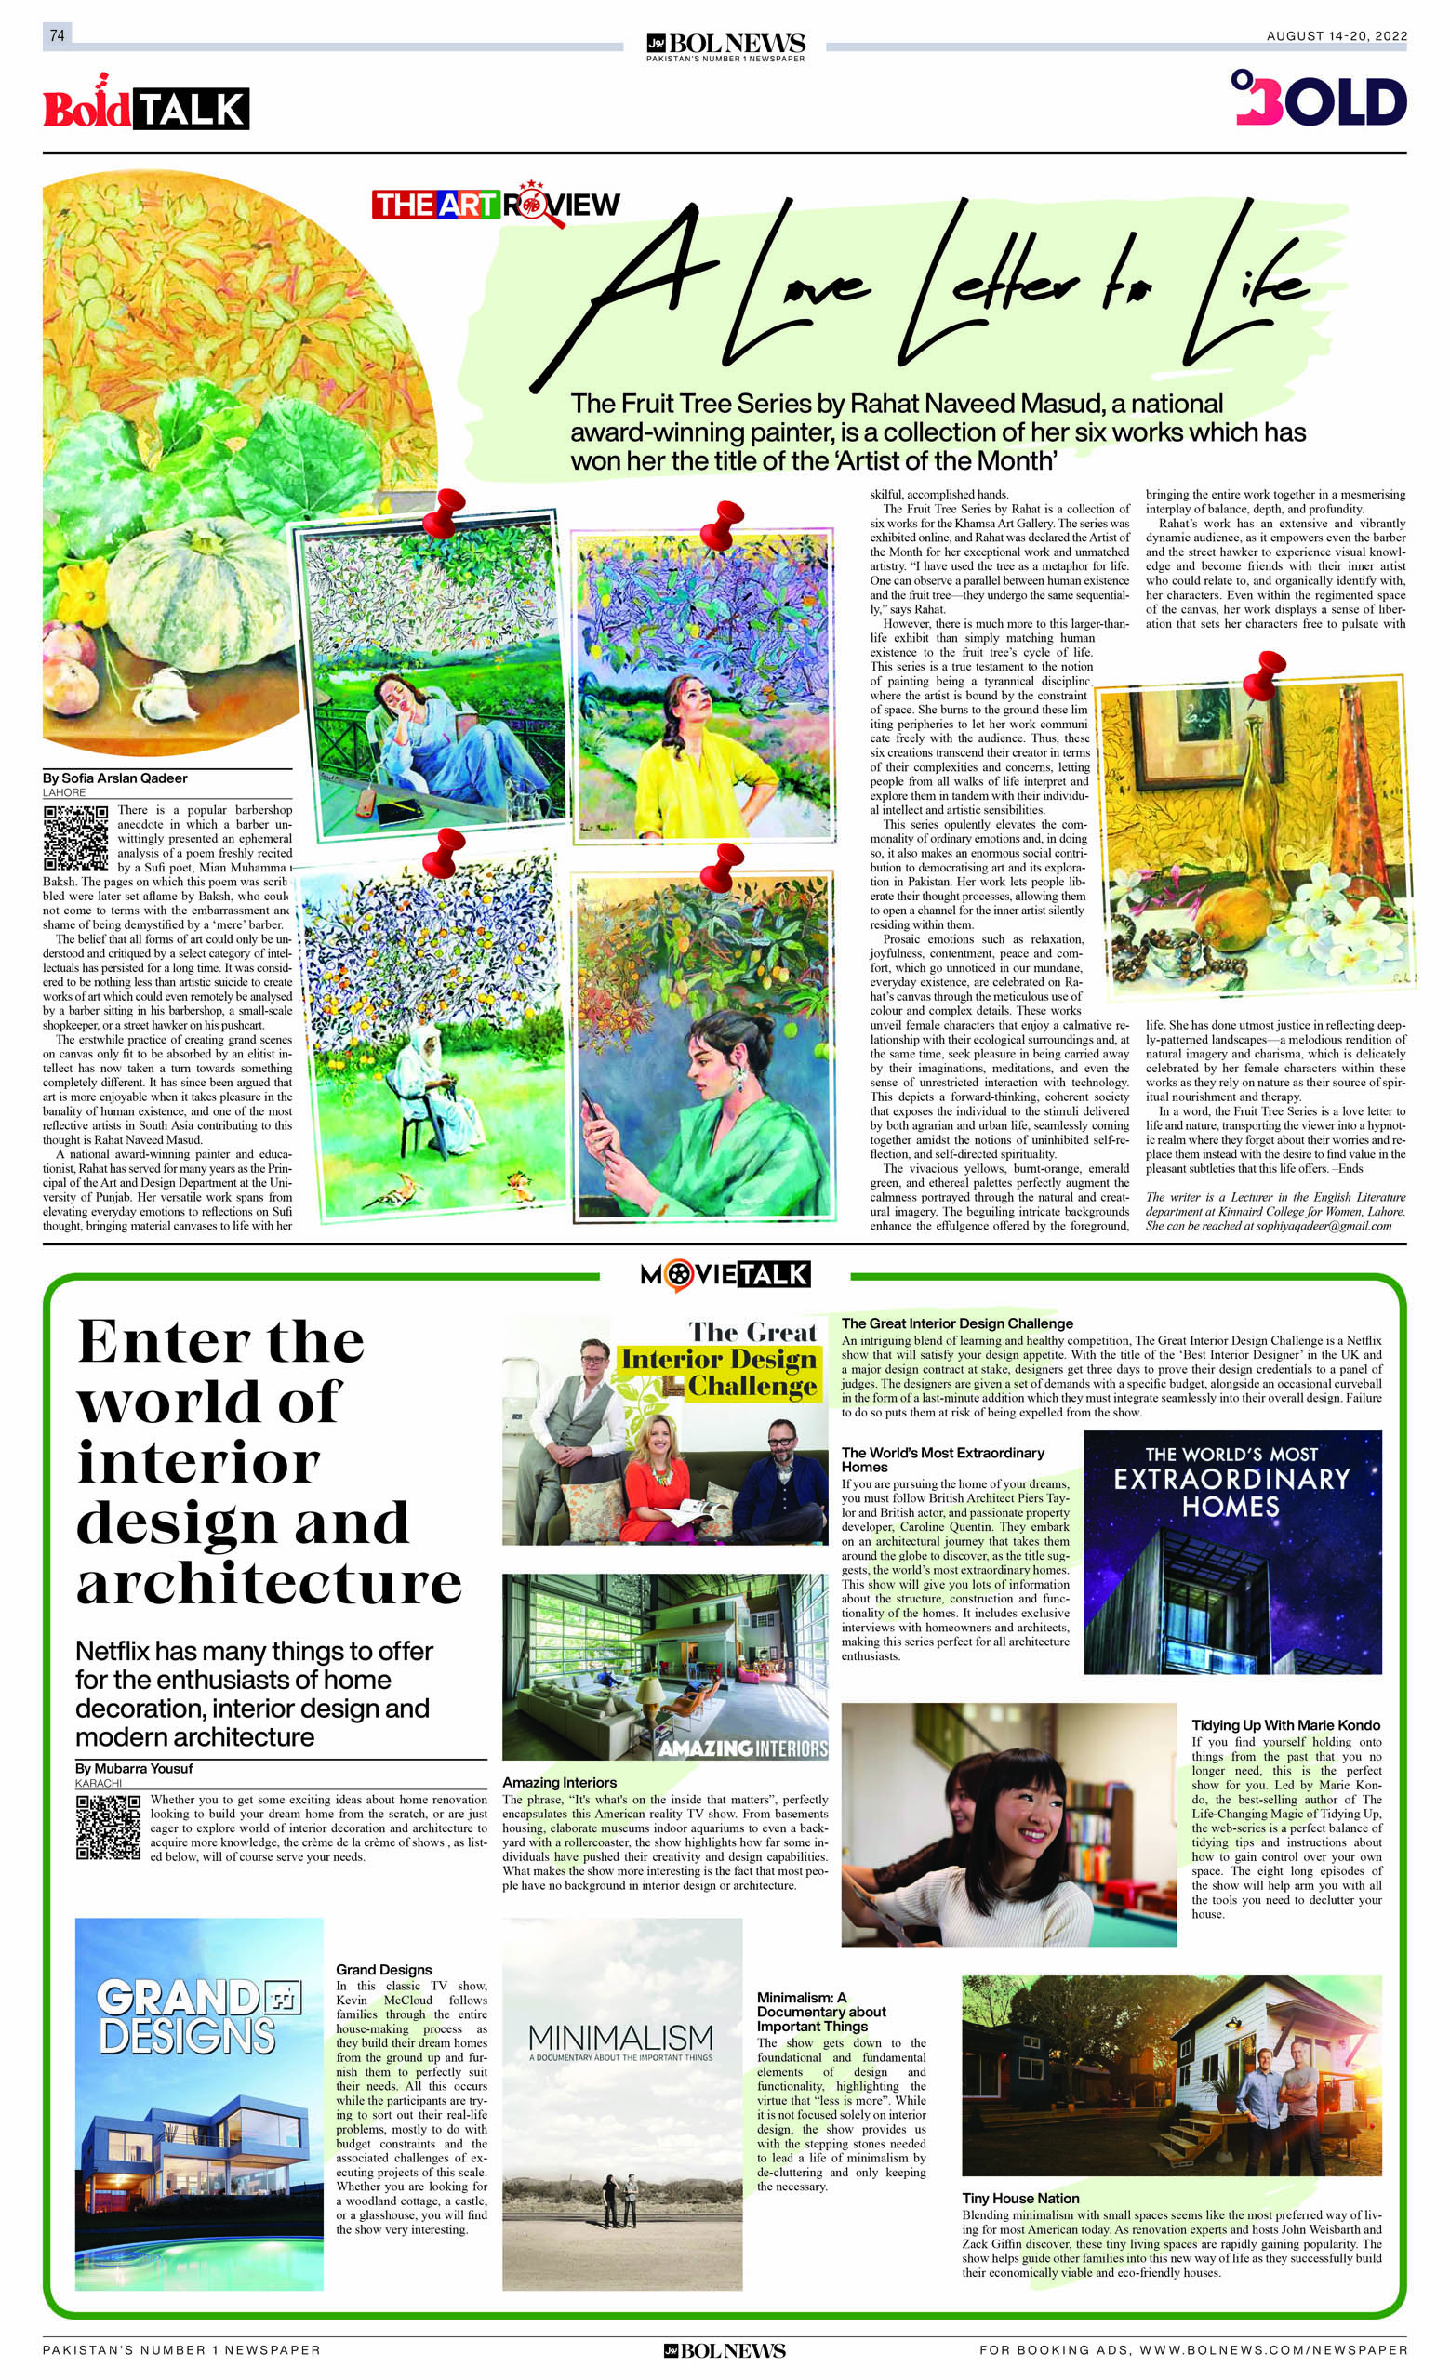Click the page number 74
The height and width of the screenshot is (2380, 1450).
coord(57,35)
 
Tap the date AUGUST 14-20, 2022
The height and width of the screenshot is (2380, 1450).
coord(1336,35)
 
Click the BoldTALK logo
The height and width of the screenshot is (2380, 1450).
coord(146,107)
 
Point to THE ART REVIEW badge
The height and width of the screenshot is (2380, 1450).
coord(496,204)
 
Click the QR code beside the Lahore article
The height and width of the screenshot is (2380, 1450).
coord(75,837)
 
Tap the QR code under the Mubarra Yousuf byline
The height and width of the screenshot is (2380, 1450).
coord(108,1828)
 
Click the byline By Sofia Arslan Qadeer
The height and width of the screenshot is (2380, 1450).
coord(115,778)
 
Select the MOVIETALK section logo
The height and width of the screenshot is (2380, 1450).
coord(725,1274)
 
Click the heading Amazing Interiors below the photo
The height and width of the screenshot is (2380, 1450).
coord(559,1782)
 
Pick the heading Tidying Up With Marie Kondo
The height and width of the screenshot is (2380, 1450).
coord(1285,1725)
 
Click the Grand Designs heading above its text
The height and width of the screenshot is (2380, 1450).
coord(383,1970)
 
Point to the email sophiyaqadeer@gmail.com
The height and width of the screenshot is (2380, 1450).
coord(1324,1226)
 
